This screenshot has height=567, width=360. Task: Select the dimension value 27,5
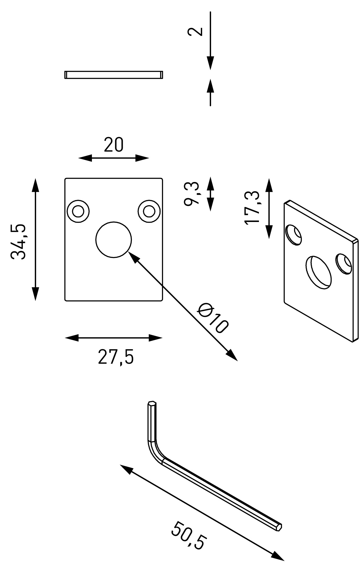(116, 357)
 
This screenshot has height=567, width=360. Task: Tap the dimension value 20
(114, 145)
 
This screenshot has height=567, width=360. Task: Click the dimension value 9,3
(192, 193)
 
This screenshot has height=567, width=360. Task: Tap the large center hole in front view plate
(114, 240)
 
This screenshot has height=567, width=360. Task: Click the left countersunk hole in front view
(78, 211)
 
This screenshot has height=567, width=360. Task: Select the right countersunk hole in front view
(149, 211)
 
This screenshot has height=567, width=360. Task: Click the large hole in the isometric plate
(318, 272)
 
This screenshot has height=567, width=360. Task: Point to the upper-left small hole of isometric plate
(293, 234)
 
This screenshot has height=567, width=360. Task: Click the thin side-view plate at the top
(114, 75)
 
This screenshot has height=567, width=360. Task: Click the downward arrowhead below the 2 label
(210, 63)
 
